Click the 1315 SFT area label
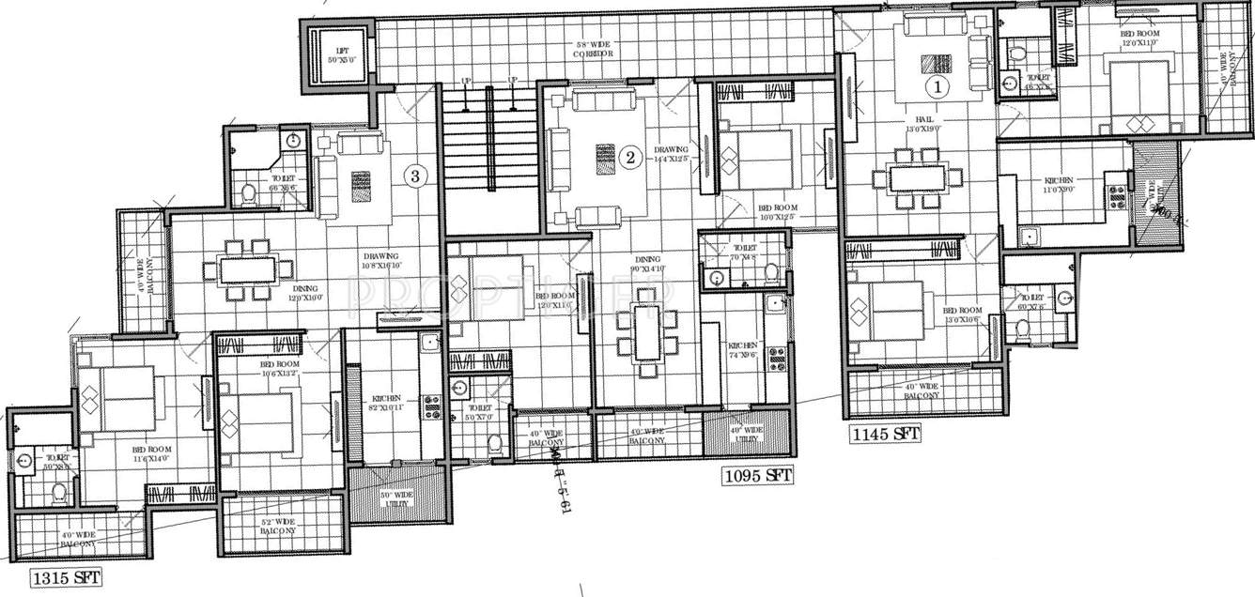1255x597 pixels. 65,577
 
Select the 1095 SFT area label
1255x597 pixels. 757,476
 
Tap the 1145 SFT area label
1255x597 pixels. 885,434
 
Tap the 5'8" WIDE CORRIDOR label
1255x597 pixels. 596,49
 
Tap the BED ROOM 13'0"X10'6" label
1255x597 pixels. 962,314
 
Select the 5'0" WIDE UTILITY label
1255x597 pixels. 392,498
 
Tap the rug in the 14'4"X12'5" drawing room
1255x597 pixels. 605,159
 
